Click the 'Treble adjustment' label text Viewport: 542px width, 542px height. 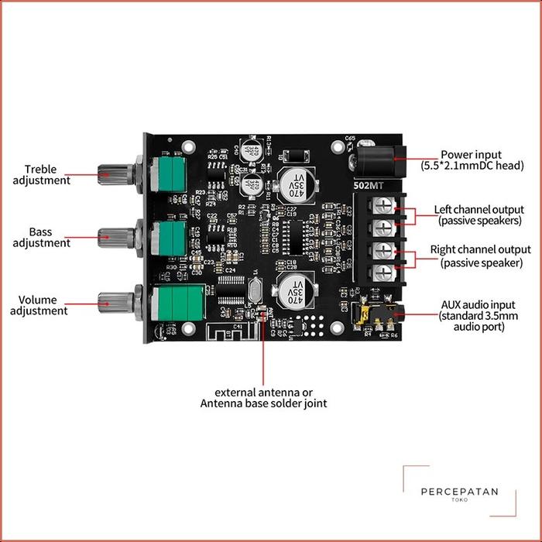[58, 175]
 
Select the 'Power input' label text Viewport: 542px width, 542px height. [472, 160]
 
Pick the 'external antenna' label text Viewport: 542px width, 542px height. [264, 397]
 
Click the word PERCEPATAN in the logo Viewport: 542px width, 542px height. [459, 491]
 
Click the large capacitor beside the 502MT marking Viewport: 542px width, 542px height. [297, 185]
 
